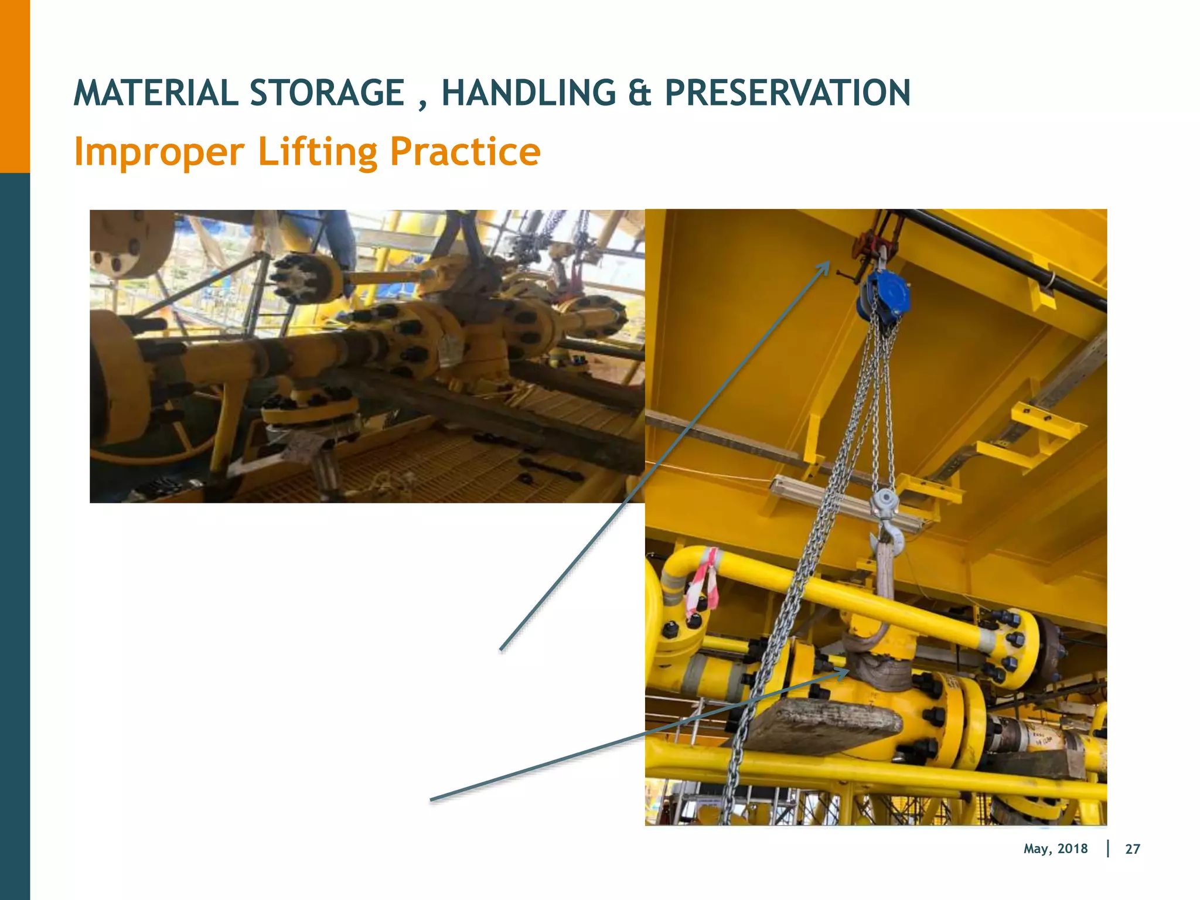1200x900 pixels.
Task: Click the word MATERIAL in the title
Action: coord(155,93)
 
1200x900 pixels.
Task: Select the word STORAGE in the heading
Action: coord(327,93)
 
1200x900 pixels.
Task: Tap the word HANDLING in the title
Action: coord(528,93)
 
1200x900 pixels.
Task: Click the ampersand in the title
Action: coord(639,93)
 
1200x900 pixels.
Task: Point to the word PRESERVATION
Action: coord(787,93)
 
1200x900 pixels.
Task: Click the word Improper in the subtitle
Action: coord(159,152)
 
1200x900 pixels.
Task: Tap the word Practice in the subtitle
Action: coord(465,152)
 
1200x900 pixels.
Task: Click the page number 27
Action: coord(1133,849)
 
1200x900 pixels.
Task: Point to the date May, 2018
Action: coord(1055,849)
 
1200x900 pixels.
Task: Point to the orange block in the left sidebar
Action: coord(15,86)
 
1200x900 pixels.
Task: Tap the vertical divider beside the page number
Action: coord(1108,848)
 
